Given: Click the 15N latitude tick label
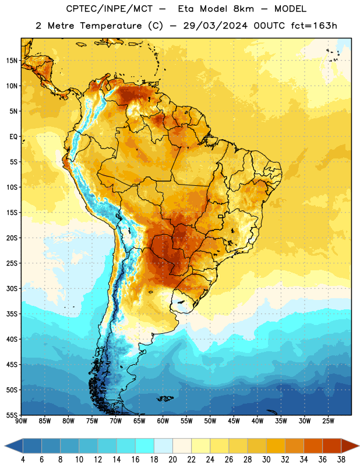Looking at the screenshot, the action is click(x=12, y=61).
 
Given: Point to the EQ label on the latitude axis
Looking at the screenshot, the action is click(x=13, y=137).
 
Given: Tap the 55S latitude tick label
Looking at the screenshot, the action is click(x=12, y=415).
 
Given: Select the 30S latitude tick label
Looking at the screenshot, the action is click(x=12, y=288).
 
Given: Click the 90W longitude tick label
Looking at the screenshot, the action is click(x=22, y=421).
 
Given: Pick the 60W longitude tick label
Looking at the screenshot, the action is click(x=163, y=421).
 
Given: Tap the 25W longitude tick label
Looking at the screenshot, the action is click(x=328, y=421).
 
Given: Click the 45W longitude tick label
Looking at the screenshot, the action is click(x=234, y=421).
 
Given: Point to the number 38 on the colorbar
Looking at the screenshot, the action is click(x=341, y=460).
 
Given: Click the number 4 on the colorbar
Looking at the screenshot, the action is click(x=23, y=460).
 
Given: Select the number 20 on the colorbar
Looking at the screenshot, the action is click(x=172, y=460).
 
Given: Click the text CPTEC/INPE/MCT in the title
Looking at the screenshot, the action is click(x=110, y=9).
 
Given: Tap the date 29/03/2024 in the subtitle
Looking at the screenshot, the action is click(x=215, y=26).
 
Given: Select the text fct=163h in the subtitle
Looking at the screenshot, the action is click(x=314, y=26).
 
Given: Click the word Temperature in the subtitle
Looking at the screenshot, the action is click(x=111, y=26).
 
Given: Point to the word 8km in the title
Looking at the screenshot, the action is click(x=243, y=9).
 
